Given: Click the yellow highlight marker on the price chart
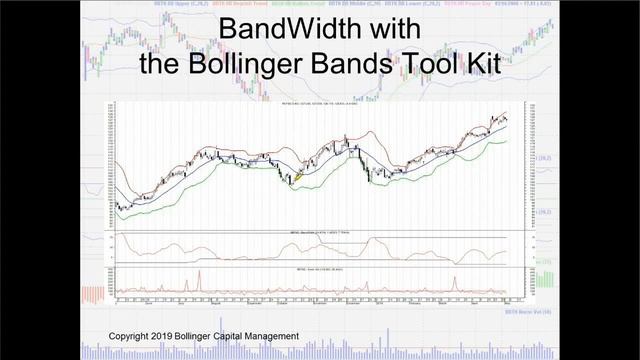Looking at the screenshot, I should (298, 176).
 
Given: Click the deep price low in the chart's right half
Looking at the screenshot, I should (370, 180).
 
